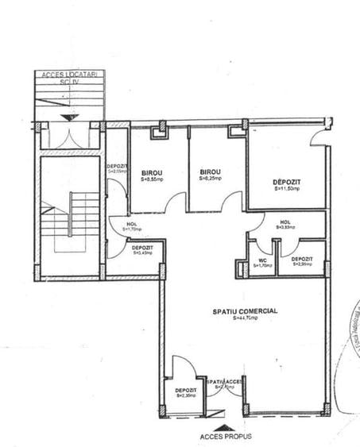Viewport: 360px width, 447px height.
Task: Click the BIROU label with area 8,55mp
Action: [152, 173]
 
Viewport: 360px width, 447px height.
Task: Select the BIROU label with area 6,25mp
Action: [210, 173]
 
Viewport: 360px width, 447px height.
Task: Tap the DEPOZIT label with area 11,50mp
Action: [287, 182]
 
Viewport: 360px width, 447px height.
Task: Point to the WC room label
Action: [261, 260]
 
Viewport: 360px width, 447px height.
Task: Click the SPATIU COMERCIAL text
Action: [245, 310]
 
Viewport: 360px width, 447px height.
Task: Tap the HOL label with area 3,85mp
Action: [285, 222]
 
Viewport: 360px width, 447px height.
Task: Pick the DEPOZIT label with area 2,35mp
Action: [186, 391]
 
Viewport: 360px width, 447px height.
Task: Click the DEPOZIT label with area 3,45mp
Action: [144, 249]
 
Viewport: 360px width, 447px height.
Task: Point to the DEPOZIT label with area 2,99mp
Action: [301, 260]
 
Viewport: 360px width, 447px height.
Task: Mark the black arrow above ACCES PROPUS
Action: [223, 414]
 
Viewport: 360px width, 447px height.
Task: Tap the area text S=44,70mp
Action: [245, 318]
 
